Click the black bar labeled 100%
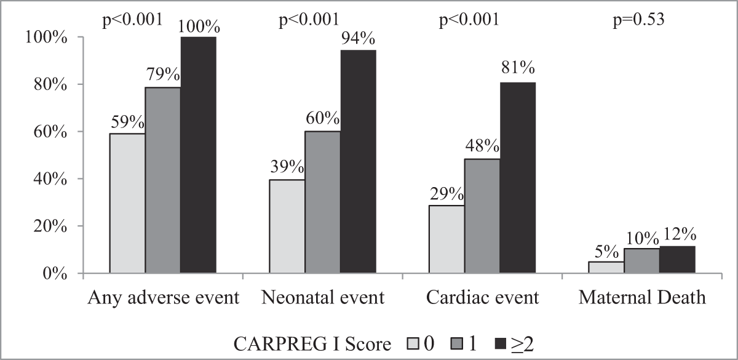coord(198,154)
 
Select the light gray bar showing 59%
coord(127,203)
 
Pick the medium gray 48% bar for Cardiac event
coord(482,215)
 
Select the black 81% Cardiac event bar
coord(517,177)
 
